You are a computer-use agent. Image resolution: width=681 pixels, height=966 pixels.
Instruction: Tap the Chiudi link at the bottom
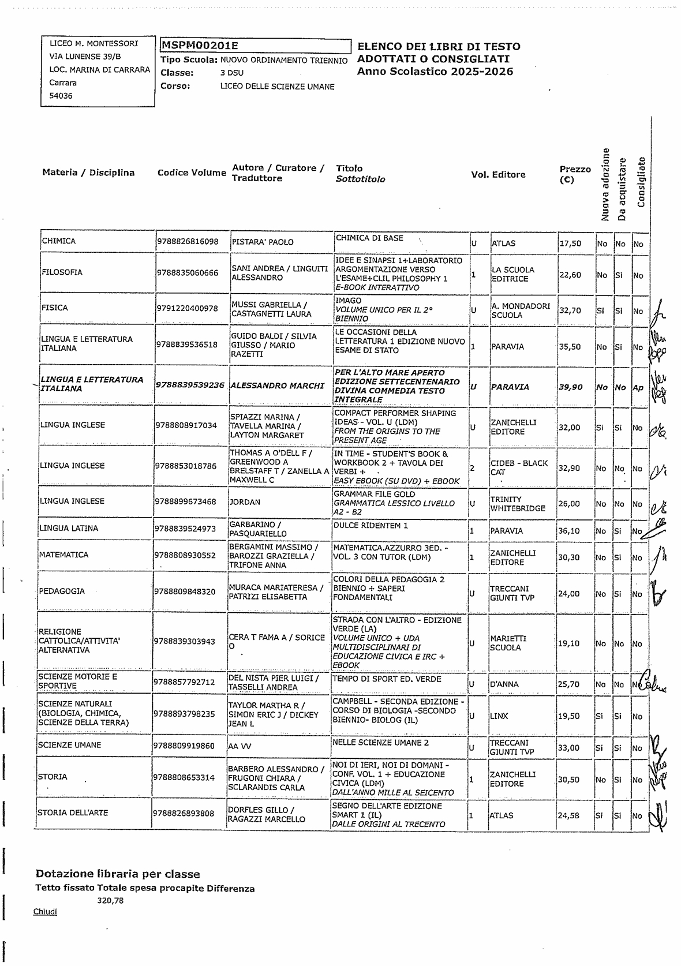point(45,912)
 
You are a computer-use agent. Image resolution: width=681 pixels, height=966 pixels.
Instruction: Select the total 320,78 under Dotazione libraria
point(110,900)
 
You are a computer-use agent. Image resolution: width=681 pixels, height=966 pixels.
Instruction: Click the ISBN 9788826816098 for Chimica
point(188,242)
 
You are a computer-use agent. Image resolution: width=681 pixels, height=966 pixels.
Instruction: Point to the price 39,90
point(570,387)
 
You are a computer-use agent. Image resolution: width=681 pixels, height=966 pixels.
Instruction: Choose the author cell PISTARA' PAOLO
point(263,242)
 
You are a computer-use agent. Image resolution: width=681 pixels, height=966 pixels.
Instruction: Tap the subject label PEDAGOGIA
point(62,591)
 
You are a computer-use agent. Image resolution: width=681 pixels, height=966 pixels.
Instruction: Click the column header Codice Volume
point(192,173)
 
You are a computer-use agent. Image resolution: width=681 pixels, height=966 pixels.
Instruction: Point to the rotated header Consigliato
point(641,182)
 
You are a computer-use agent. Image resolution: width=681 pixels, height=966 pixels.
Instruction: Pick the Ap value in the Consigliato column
point(638,388)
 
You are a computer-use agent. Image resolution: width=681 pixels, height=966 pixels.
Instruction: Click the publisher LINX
point(499,716)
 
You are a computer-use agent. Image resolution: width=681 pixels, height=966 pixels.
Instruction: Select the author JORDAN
point(245,503)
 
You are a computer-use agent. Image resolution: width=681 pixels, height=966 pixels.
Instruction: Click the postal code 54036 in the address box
point(61,96)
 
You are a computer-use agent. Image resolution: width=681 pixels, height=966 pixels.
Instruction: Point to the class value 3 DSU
point(231,73)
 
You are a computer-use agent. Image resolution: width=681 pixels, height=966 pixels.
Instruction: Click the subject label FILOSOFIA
point(62,272)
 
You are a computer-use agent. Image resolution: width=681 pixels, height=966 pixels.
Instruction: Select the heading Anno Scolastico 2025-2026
point(435,72)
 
